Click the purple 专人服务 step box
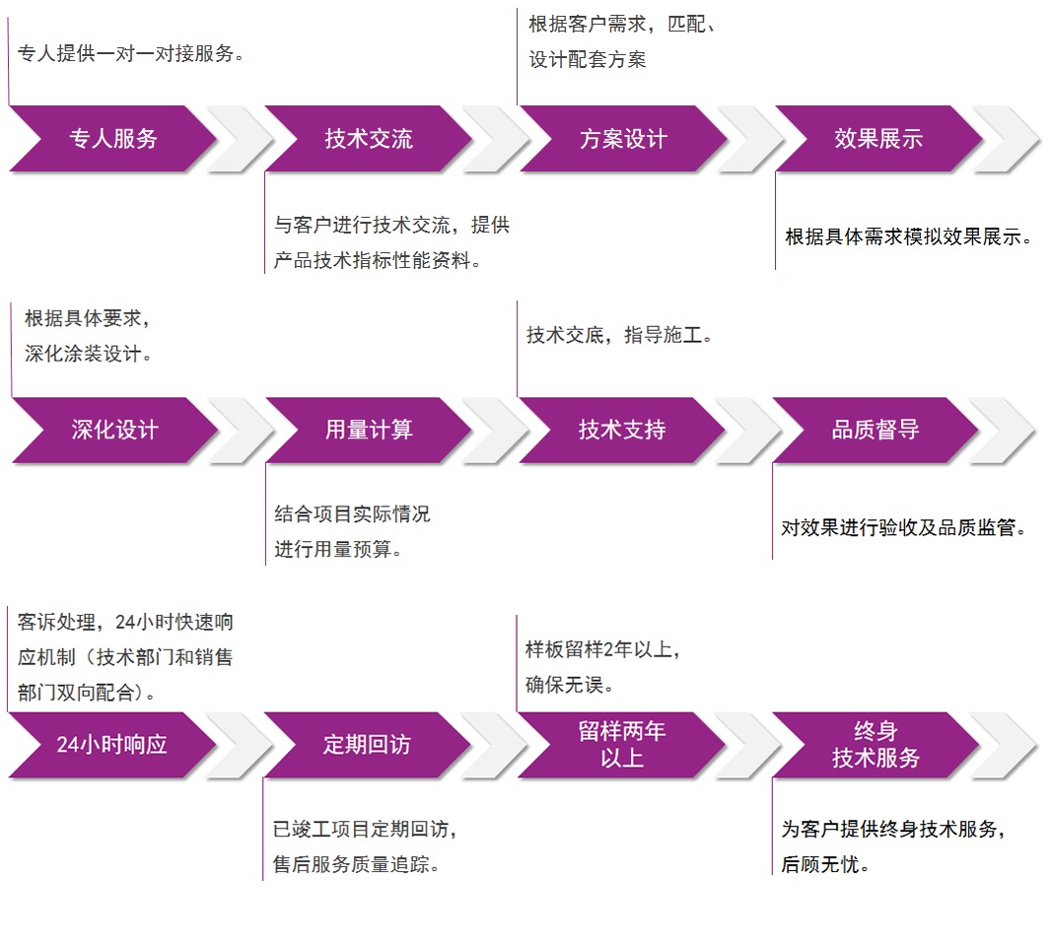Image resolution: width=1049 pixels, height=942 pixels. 113,139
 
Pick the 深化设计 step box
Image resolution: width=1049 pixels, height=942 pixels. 114,430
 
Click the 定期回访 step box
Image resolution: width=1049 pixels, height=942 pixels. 367,745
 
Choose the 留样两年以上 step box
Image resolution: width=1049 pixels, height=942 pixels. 622,744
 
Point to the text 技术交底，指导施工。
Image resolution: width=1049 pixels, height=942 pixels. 619,335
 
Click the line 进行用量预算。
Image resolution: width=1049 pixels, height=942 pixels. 338,549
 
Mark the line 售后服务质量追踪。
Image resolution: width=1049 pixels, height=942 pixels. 356,864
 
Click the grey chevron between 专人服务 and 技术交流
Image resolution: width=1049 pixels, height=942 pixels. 242,139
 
